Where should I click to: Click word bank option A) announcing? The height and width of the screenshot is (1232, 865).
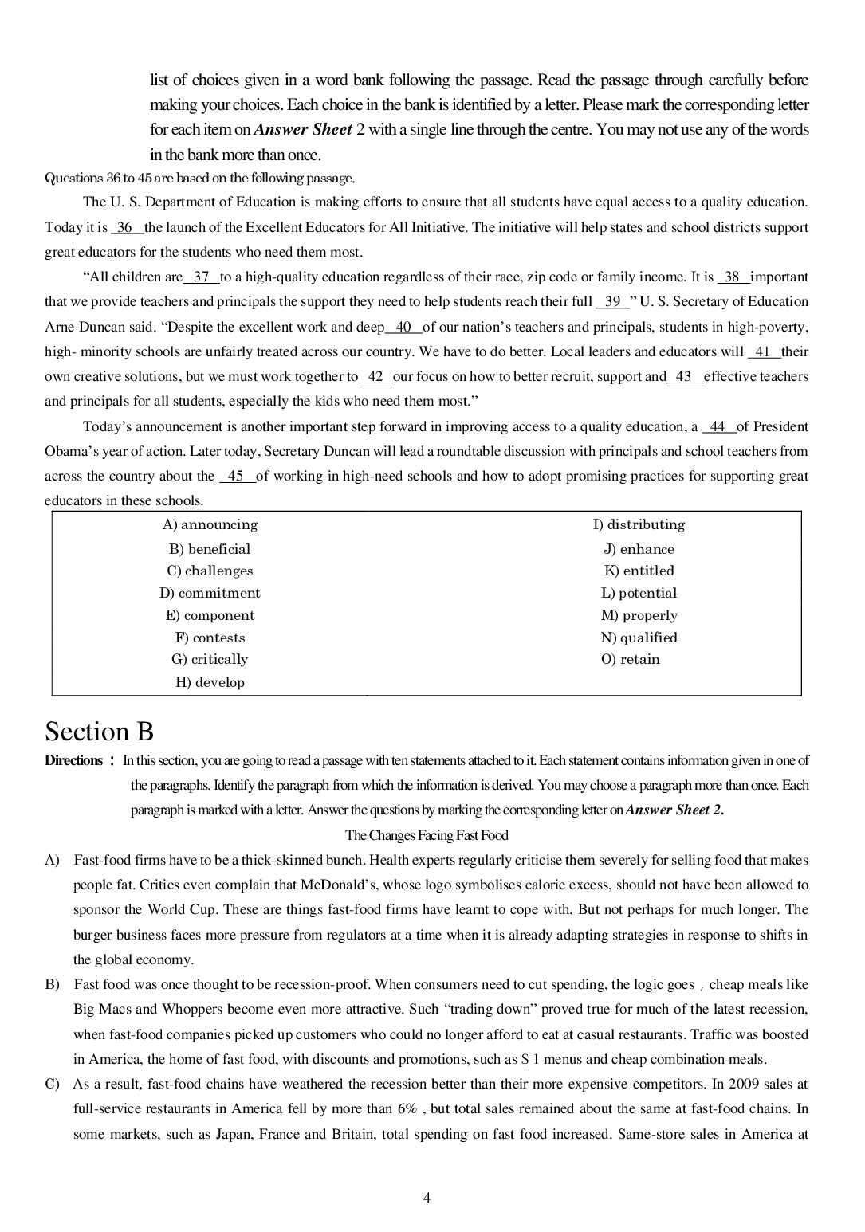point(210,524)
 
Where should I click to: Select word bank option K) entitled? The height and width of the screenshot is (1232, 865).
point(639,571)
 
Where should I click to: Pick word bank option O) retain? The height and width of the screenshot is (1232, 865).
point(630,659)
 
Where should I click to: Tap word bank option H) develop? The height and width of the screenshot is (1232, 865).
point(210,682)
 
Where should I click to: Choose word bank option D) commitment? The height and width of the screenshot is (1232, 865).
point(210,593)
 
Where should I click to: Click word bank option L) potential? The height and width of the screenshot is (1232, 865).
point(639,593)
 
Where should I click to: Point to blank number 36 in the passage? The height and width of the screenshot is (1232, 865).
point(126,227)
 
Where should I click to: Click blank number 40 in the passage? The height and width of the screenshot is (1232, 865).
point(403,327)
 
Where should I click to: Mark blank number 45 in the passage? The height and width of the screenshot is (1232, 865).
point(236,476)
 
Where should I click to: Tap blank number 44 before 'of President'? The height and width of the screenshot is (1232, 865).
point(718,426)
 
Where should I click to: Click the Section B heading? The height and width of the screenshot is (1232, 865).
point(99,731)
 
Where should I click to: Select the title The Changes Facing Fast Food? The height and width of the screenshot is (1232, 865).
point(427,835)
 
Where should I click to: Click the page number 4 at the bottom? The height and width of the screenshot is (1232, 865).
point(427,1198)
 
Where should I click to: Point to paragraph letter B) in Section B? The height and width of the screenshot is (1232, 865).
point(52,984)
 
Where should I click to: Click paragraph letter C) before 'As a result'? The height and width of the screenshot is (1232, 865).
point(52,1084)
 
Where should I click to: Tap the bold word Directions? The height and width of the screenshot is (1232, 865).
point(74,760)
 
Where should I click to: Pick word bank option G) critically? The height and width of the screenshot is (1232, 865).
point(210,659)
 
